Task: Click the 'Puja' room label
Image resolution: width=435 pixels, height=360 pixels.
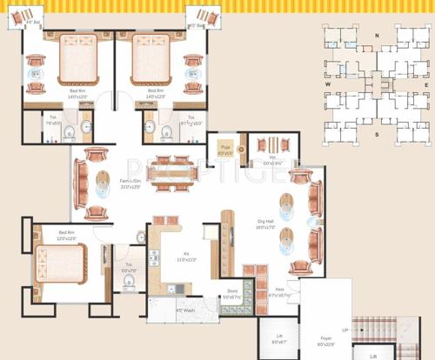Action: tap(224, 148)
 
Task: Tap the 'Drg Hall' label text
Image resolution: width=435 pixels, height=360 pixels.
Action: tap(265, 222)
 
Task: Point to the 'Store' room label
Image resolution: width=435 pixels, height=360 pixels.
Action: tap(232, 290)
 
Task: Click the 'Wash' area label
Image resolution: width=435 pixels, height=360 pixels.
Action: tap(184, 310)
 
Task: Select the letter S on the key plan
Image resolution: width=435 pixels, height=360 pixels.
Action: tap(377, 136)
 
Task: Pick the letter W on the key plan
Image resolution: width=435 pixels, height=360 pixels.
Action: tap(329, 84)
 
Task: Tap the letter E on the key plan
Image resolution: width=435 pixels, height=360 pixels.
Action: tap(425, 84)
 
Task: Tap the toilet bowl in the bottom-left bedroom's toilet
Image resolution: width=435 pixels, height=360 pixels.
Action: tap(128, 283)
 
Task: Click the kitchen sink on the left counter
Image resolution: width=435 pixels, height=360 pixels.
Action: tap(154, 258)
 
